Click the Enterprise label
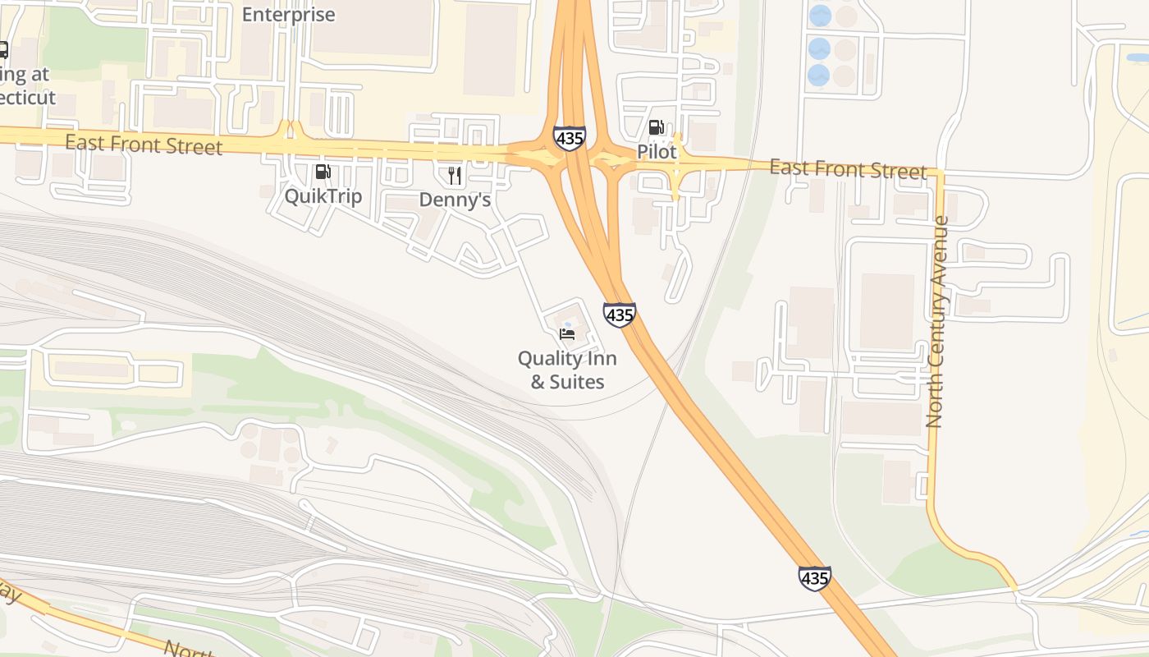[289, 14]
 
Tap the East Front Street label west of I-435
[144, 145]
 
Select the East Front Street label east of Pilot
[848, 169]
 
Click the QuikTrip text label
[323, 196]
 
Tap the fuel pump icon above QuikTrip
[323, 172]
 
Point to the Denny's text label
[455, 200]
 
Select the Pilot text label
[657, 152]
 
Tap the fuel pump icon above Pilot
[657, 127]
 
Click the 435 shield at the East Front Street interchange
[570, 138]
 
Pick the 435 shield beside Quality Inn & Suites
[619, 315]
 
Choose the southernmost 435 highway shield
[814, 578]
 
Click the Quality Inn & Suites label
[567, 370]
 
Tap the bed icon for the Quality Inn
[567, 333]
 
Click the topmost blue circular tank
[820, 15]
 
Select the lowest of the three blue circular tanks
[818, 76]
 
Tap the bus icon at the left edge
[2, 50]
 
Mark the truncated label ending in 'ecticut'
[27, 98]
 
